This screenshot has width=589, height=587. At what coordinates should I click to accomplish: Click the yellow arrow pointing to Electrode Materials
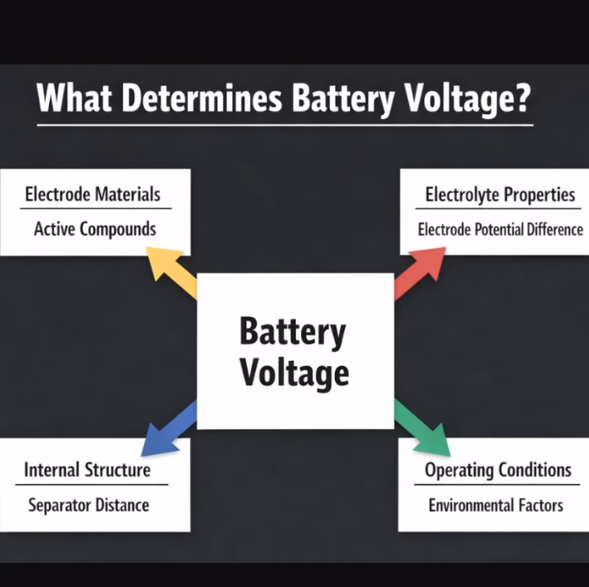171,272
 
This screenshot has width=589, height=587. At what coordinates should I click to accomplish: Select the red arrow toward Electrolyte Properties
420,273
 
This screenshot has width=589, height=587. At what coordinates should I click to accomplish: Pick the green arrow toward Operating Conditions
422,429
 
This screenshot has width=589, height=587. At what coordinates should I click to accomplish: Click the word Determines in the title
202,97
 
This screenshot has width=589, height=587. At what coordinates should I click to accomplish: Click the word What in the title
74,97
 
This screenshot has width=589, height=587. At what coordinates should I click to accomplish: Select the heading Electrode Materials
93,195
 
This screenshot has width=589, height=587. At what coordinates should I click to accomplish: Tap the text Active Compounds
95,229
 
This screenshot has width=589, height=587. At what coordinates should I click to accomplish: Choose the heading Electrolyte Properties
500,195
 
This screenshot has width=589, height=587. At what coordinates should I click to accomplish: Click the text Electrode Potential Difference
500,230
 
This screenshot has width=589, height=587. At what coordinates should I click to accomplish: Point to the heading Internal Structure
87,470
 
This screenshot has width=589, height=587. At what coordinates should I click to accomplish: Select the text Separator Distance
89,505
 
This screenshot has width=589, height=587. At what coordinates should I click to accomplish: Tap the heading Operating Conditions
498,470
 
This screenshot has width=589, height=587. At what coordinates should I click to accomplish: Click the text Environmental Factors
496,505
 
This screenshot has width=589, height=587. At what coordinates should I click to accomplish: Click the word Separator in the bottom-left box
60,506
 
